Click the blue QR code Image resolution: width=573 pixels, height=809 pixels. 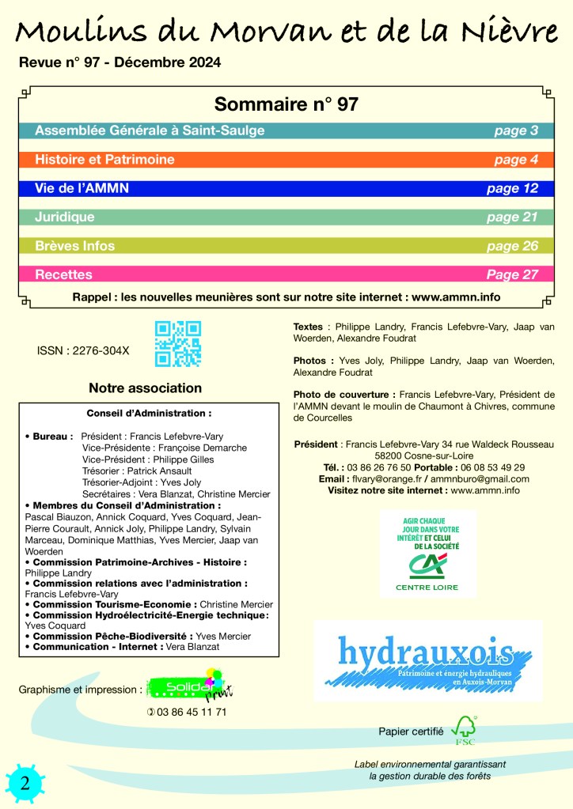point(177,344)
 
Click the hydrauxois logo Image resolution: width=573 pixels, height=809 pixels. point(426,660)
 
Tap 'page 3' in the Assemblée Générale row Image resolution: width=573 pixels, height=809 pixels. point(516,130)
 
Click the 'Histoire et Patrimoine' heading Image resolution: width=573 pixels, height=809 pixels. point(104,160)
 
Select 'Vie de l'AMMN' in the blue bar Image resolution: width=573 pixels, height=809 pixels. point(82,188)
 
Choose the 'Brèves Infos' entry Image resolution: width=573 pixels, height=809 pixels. point(74,246)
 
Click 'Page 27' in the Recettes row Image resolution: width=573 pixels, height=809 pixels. point(512,274)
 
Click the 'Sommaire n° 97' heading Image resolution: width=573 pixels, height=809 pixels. point(286,104)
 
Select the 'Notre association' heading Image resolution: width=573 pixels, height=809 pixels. point(145,388)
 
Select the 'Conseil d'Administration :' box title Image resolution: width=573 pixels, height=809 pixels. point(149,413)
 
